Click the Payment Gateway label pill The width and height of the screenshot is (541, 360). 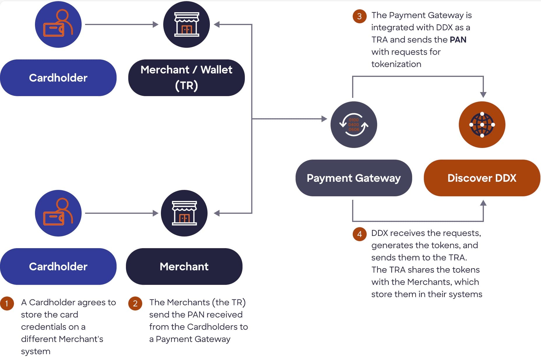(x=354, y=178)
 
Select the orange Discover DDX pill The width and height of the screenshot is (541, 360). (x=482, y=178)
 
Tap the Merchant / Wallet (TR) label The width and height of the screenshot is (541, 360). (x=186, y=78)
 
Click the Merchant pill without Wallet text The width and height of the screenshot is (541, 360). (x=184, y=267)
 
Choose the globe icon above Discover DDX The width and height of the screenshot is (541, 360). (x=482, y=125)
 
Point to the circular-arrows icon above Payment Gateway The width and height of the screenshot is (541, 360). (x=354, y=125)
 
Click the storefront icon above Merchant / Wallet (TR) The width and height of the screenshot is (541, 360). (x=187, y=24)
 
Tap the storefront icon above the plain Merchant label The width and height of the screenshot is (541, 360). (x=184, y=213)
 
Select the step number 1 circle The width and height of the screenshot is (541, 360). (x=7, y=303)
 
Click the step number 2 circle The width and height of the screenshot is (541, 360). (x=135, y=303)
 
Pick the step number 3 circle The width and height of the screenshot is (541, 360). (x=359, y=16)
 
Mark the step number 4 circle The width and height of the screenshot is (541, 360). (x=359, y=234)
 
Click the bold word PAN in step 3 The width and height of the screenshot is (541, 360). (x=458, y=40)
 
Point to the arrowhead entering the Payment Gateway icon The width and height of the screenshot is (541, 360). (x=324, y=119)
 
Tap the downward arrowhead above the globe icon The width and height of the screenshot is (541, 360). (x=483, y=95)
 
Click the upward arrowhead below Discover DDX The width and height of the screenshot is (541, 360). (x=483, y=203)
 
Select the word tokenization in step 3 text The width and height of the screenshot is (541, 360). (x=396, y=64)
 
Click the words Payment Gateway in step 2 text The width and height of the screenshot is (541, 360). (x=193, y=339)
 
